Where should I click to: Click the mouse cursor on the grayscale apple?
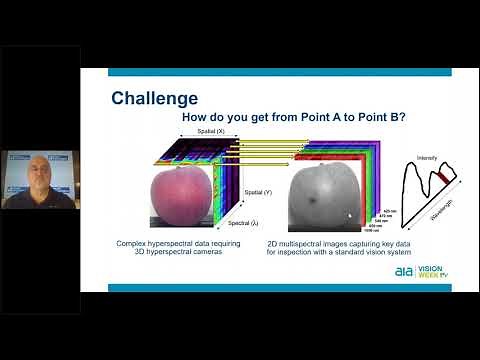[349, 214]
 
